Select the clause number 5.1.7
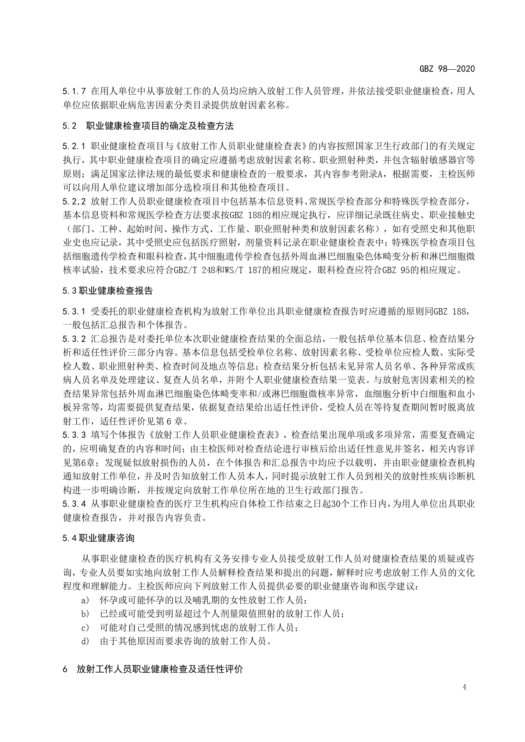click(74, 91)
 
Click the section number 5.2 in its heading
click(69, 126)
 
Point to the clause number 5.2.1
click(74, 146)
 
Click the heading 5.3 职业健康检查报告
click(107, 291)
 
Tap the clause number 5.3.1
click(74, 312)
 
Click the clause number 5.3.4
click(74, 504)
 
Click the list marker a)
click(85, 600)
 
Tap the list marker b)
click(85, 614)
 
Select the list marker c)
click(85, 628)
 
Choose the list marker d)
click(85, 641)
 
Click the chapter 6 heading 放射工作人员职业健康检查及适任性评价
click(160, 670)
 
